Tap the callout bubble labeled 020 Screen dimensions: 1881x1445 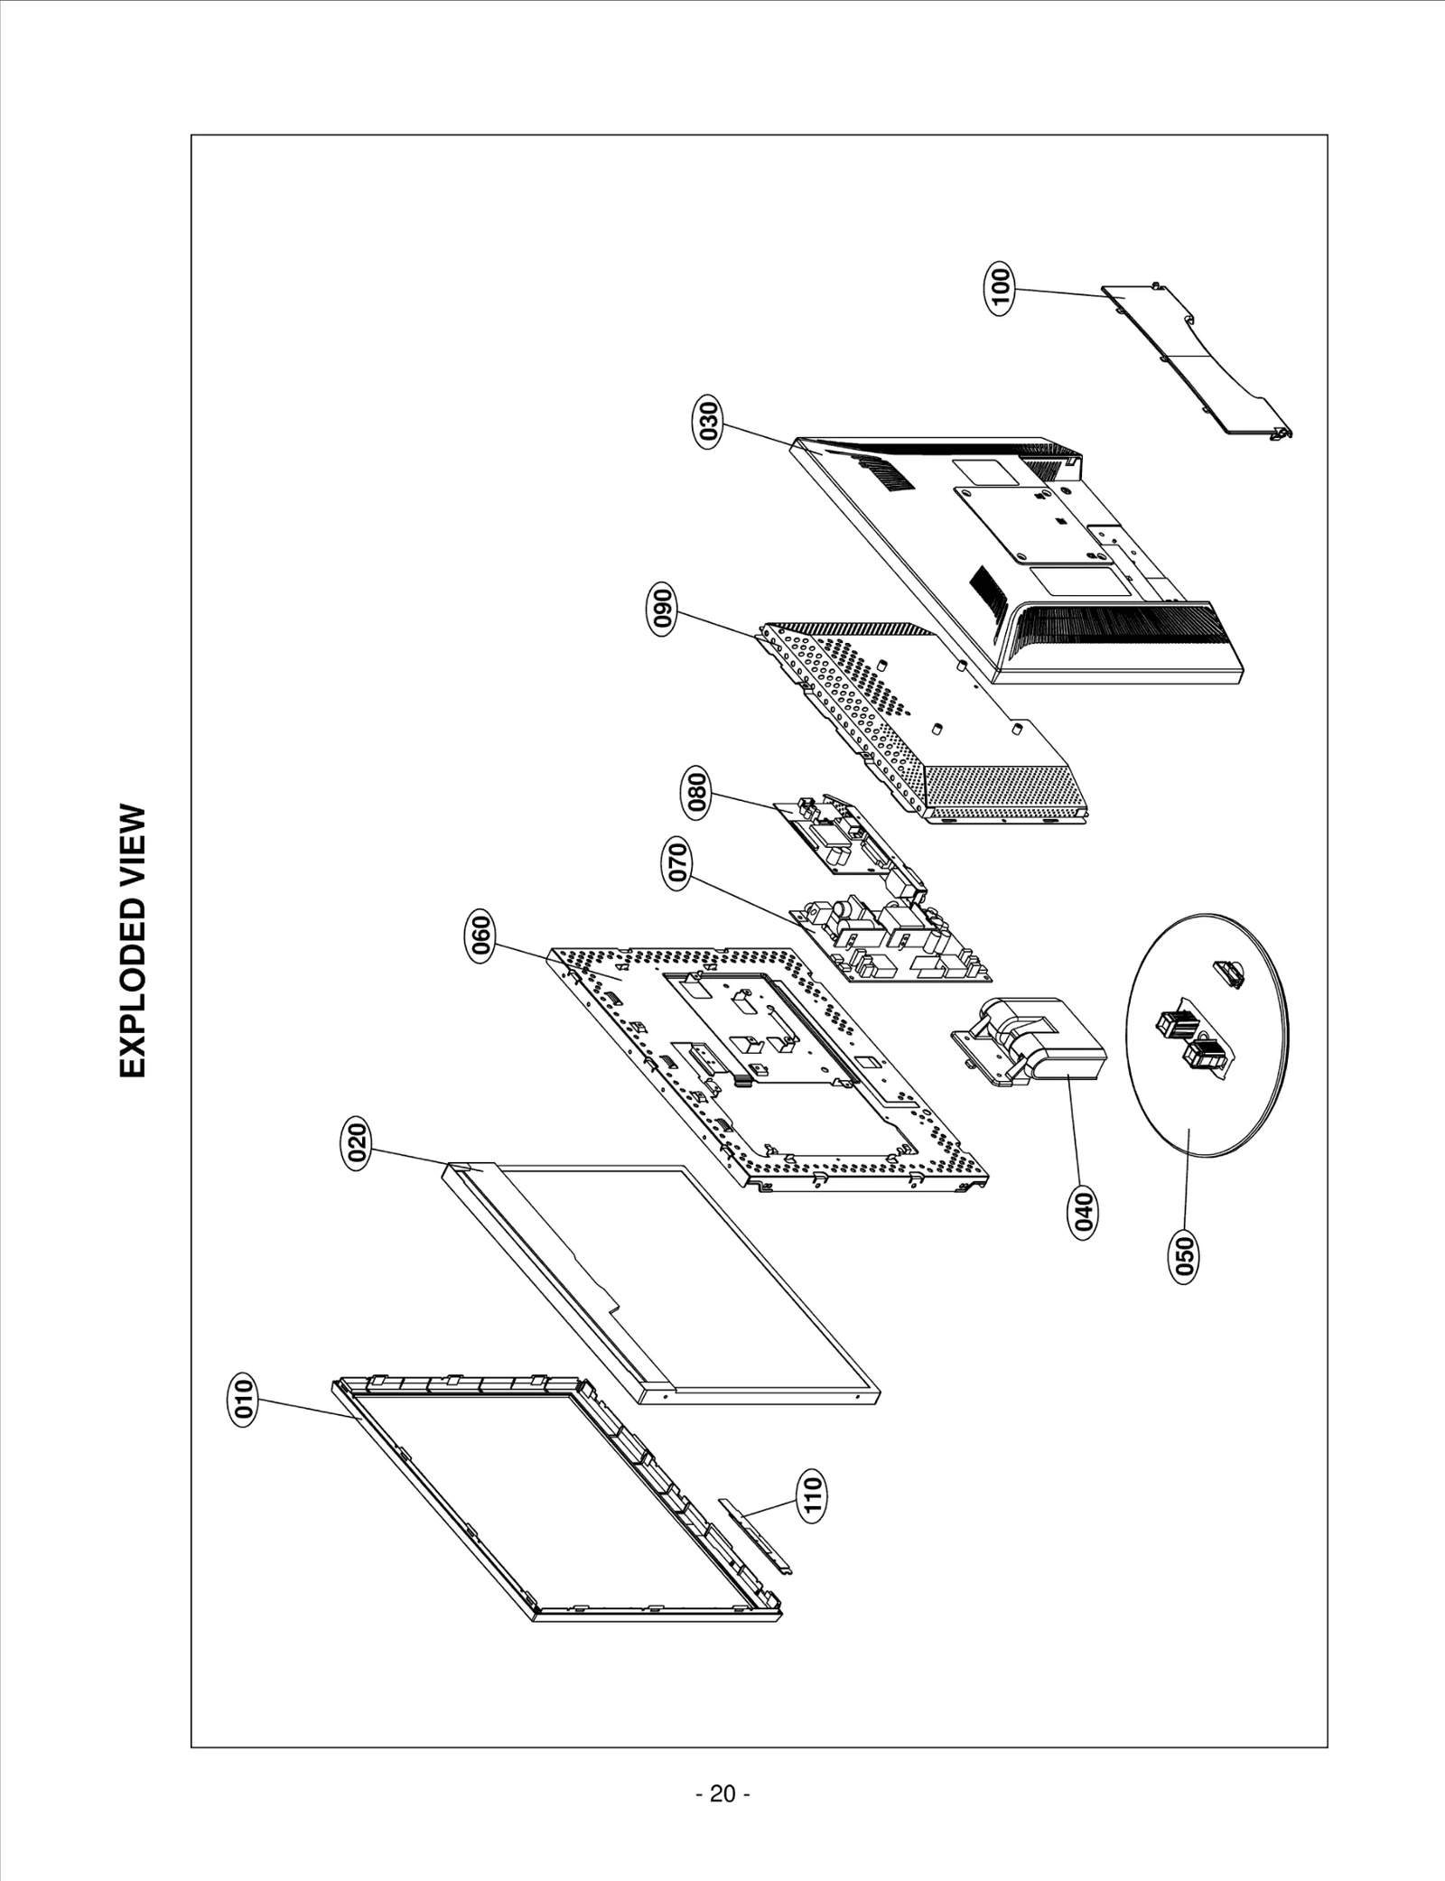click(358, 1144)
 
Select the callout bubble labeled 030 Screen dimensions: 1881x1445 click(709, 421)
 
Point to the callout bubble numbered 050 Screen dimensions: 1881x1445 click(1184, 1256)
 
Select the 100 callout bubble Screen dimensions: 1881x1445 click(1001, 288)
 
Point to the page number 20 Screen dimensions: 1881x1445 click(722, 1793)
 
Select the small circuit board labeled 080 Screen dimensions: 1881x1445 click(840, 840)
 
